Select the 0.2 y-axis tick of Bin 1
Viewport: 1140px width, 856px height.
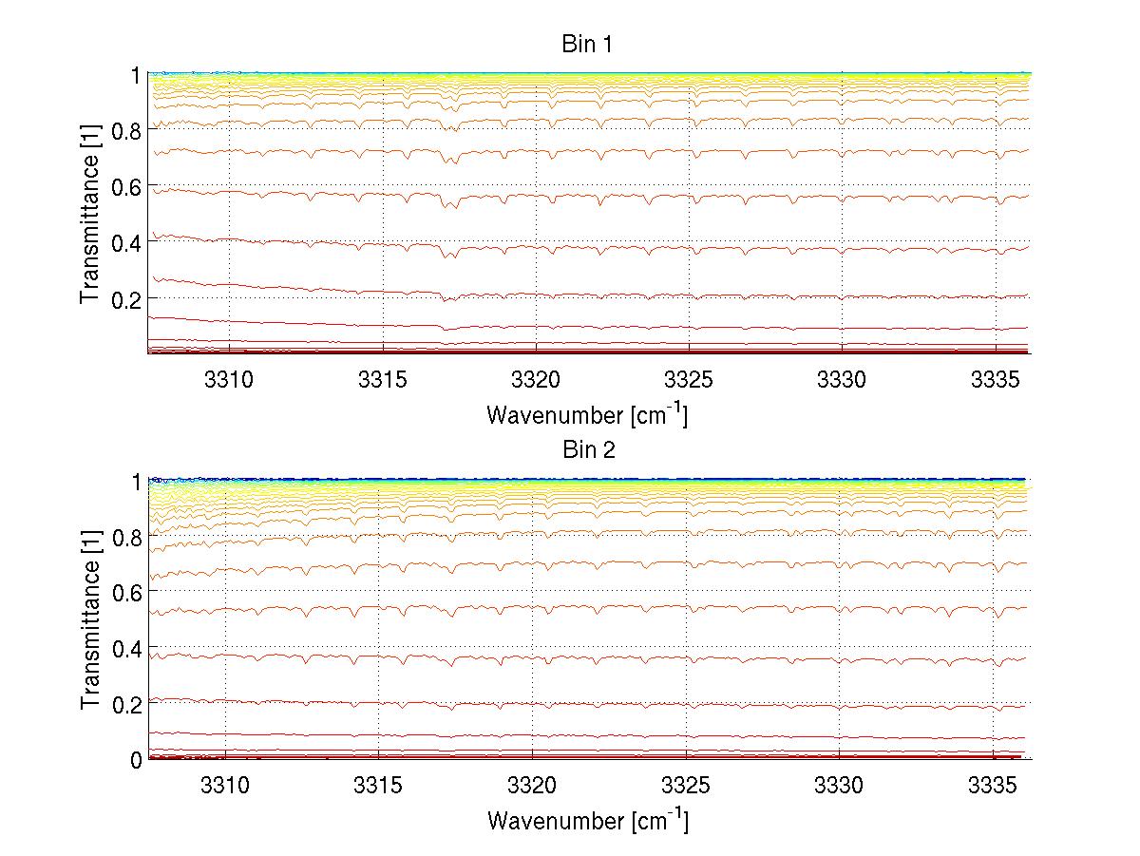pyautogui.click(x=126, y=298)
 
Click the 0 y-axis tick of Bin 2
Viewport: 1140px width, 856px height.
pyautogui.click(x=136, y=760)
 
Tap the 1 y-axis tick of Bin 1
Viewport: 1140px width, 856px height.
pyautogui.click(x=136, y=74)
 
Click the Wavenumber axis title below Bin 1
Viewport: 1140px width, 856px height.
pyautogui.click(x=587, y=414)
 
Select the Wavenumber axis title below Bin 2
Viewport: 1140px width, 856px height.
pyautogui.click(x=587, y=820)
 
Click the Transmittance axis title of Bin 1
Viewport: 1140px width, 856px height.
pyautogui.click(x=90, y=214)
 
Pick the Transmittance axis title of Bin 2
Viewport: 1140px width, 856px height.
pyautogui.click(x=90, y=619)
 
